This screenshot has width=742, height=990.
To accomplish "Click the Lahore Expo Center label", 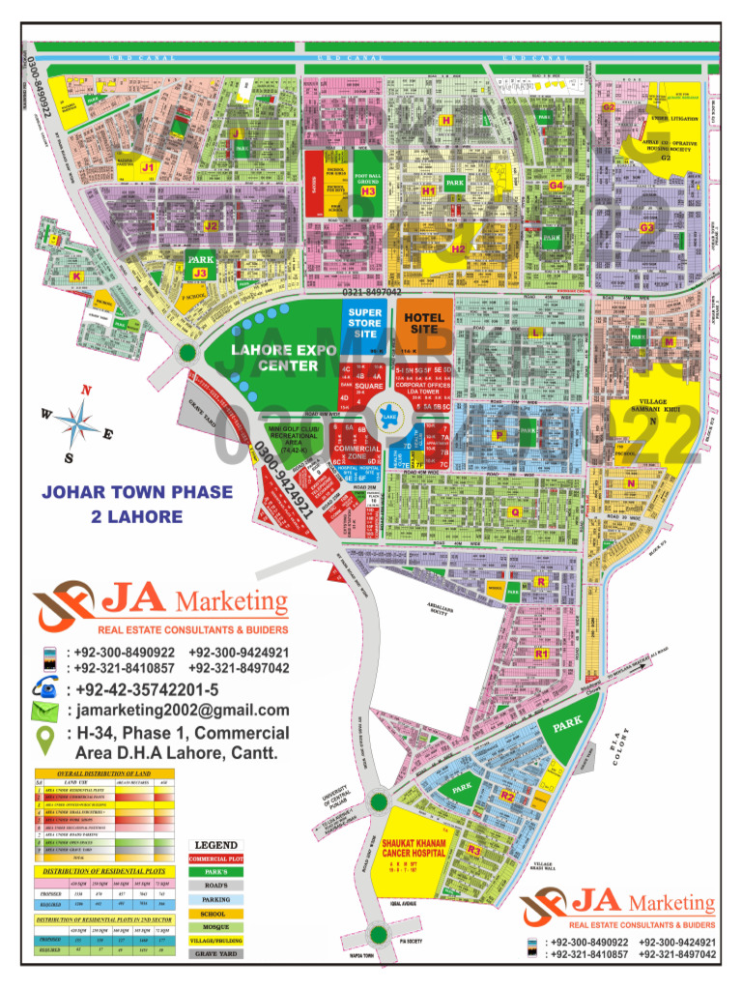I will point(274,358).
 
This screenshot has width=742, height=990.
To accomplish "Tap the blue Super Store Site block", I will point(365,323).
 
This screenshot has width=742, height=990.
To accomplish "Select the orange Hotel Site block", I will point(423,323).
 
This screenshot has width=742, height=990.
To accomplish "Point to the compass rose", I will point(78,422).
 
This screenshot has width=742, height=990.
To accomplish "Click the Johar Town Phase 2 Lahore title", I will point(136,504).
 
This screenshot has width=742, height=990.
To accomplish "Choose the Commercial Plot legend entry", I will point(215,859).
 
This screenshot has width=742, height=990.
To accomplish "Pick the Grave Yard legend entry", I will point(215,953).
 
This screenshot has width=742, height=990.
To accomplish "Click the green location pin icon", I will point(44,741).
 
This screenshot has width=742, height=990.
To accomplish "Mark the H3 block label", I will point(368,191).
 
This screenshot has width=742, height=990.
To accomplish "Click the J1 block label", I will point(148,167).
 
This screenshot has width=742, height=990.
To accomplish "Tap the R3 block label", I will point(473,850).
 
